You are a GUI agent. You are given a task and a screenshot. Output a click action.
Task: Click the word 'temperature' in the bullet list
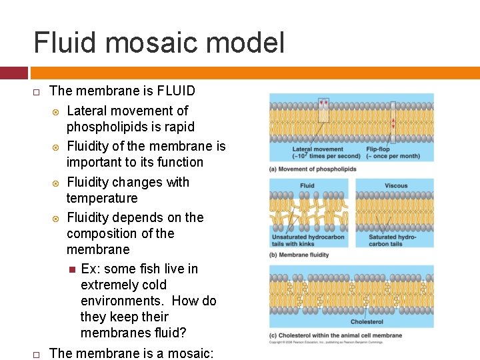click(x=102, y=198)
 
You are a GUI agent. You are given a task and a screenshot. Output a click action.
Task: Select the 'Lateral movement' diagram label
click(x=318, y=149)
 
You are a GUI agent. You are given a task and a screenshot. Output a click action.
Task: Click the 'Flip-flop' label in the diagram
click(x=378, y=149)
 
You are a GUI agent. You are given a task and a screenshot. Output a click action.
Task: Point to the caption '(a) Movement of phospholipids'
click(x=312, y=169)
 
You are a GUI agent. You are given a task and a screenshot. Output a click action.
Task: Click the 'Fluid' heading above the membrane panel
click(x=307, y=186)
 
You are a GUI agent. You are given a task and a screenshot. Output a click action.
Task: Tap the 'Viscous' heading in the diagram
click(x=396, y=186)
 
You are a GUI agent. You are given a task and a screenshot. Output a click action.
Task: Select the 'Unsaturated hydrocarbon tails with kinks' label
click(x=307, y=241)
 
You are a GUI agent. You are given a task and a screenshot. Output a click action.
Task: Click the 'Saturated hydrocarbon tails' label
click(x=393, y=241)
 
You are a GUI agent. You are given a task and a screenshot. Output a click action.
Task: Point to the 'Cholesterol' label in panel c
click(x=367, y=322)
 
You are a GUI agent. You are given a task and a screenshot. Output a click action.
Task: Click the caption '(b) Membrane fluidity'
click(x=299, y=254)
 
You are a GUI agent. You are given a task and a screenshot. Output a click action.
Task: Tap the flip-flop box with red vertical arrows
click(x=393, y=121)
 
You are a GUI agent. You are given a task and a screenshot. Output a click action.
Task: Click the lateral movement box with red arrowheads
click(x=323, y=109)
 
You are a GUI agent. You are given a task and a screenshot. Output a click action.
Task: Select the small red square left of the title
click(x=14, y=73)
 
